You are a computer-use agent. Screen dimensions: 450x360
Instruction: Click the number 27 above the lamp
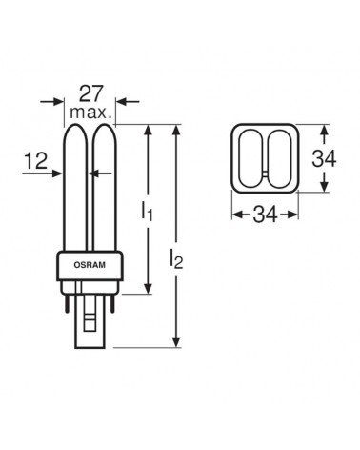tap(90, 93)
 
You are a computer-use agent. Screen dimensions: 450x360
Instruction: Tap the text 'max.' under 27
tap(90, 112)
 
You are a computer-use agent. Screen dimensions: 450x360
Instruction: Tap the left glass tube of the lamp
tap(77, 191)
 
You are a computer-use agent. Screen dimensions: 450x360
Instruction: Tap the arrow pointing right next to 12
tap(60, 174)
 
